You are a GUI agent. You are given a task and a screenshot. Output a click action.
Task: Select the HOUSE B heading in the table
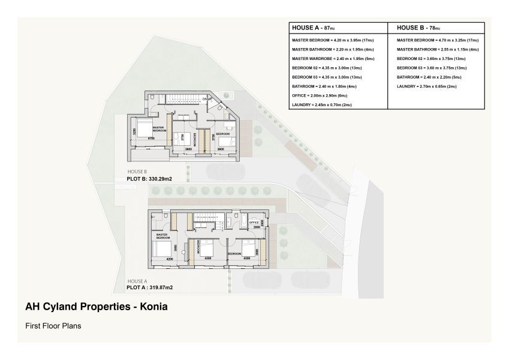coord(418,28)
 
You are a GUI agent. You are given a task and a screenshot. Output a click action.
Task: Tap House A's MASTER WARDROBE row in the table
coord(324,59)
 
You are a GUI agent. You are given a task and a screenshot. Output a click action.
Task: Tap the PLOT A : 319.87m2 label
coord(149,287)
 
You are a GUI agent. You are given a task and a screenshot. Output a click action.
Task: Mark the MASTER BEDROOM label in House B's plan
coord(158,128)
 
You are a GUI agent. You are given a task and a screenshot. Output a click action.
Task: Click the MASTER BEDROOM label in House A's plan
coord(163,236)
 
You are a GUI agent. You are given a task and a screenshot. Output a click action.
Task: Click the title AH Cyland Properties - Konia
coord(96,307)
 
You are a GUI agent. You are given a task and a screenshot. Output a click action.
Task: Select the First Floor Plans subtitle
coord(53,326)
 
